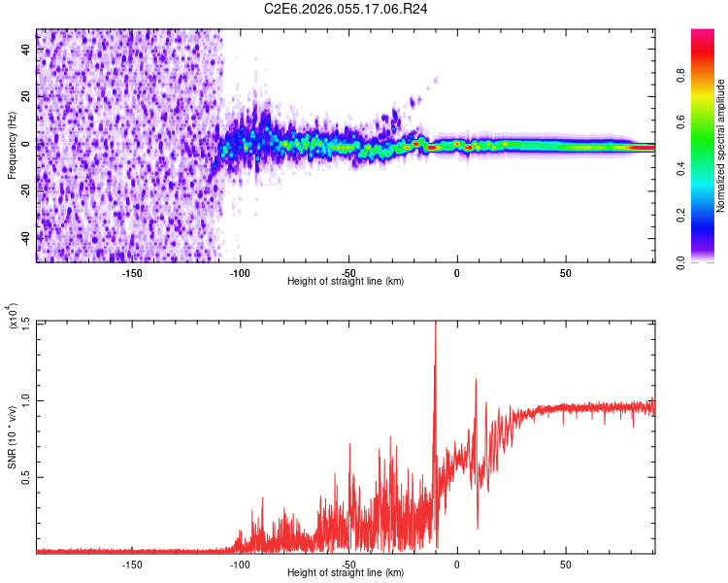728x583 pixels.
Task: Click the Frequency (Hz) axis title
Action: click(12, 147)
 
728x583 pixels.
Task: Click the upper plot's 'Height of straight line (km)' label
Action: click(346, 282)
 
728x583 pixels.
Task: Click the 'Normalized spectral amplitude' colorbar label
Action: click(721, 147)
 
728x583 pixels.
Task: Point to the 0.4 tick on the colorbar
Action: click(710, 168)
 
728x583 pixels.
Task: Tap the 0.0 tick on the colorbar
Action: click(710, 260)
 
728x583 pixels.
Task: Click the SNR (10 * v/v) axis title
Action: click(14, 437)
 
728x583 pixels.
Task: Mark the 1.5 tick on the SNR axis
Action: click(25, 323)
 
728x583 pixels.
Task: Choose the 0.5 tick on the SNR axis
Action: click(25, 476)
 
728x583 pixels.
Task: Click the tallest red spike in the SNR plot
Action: click(435, 326)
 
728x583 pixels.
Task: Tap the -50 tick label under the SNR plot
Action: click(348, 564)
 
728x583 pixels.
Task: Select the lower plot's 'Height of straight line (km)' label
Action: click(346, 573)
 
